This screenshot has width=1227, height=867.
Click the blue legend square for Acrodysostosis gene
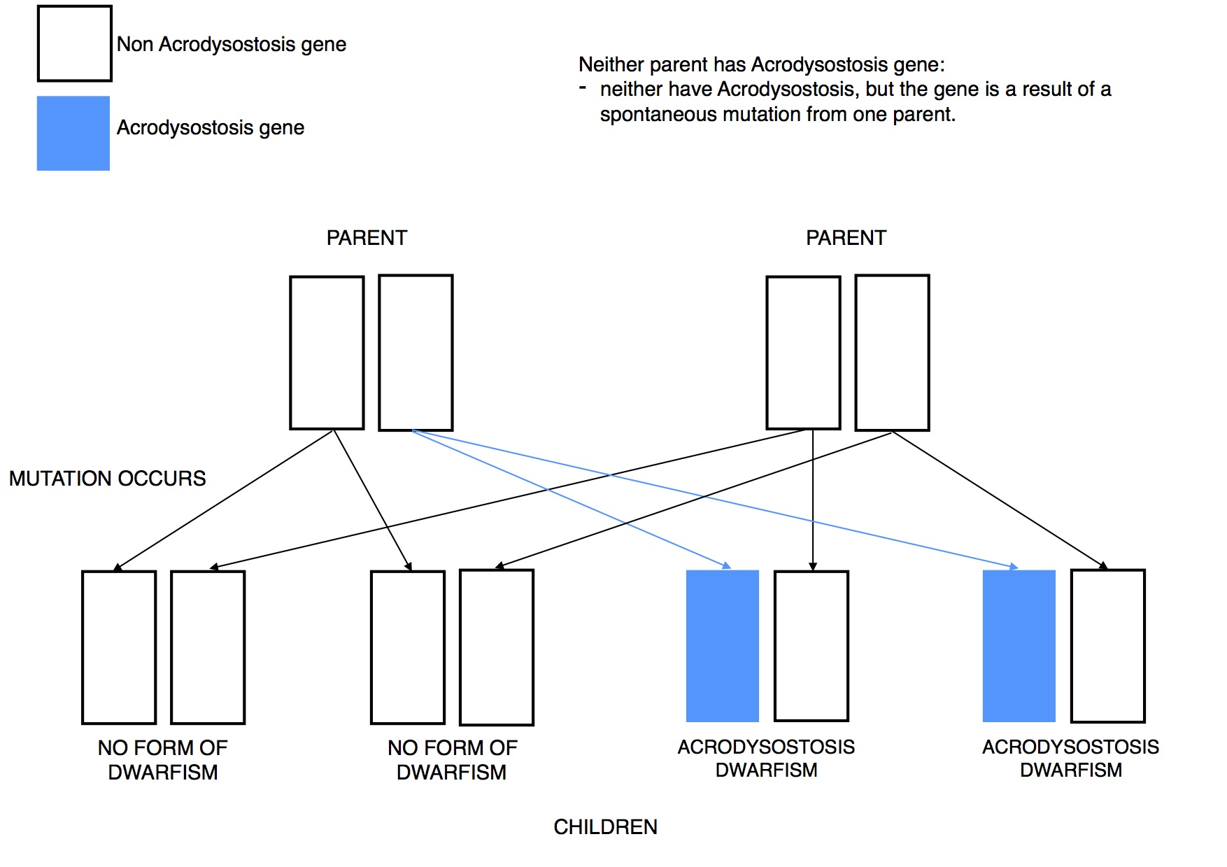pyautogui.click(x=73, y=133)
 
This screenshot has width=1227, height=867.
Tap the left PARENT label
pyautogui.click(x=367, y=238)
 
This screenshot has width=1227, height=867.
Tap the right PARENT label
pyautogui.click(x=846, y=238)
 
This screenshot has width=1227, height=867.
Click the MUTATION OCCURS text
pyautogui.click(x=108, y=479)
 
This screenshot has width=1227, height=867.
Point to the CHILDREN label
pyautogui.click(x=606, y=827)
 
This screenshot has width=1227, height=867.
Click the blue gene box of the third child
pyautogui.click(x=723, y=646)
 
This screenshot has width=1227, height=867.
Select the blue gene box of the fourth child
pyautogui.click(x=1019, y=646)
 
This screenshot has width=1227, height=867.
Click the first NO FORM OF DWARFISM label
pyautogui.click(x=163, y=760)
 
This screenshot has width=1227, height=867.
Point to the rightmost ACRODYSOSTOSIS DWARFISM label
pyautogui.click(x=1071, y=759)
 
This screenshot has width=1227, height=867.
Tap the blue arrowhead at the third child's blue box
pyautogui.click(x=727, y=565)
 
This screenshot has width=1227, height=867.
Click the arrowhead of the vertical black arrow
pyautogui.click(x=813, y=567)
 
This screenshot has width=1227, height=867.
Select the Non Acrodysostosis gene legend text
pyautogui.click(x=232, y=44)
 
